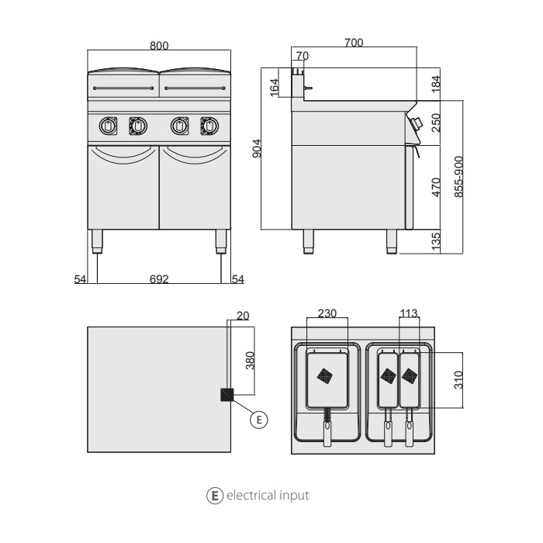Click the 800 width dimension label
point(158,46)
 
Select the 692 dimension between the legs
point(158,278)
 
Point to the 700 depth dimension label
point(353,43)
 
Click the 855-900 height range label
point(458,175)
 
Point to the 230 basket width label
point(327,314)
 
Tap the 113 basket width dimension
point(408,314)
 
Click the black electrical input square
point(227,395)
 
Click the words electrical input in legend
point(267,495)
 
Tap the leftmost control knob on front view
point(109,125)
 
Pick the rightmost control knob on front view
point(208,125)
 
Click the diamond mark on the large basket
point(327,375)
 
